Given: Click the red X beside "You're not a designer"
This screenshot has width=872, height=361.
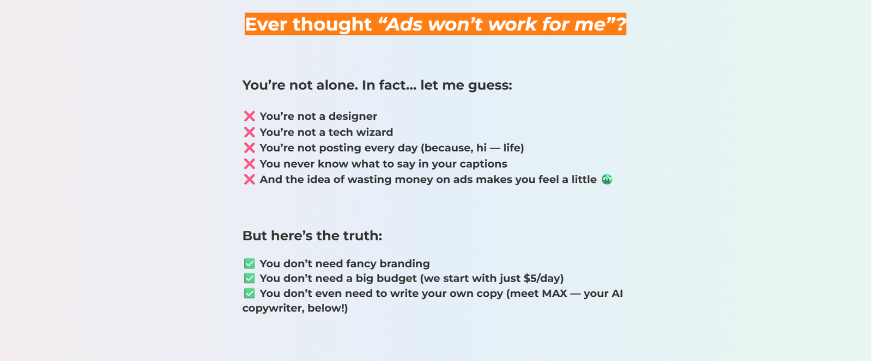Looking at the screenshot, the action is pyautogui.click(x=249, y=117).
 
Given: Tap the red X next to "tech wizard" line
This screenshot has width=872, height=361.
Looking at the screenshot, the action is pyautogui.click(x=249, y=132).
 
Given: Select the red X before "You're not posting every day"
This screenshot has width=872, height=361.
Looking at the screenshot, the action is pyautogui.click(x=249, y=148).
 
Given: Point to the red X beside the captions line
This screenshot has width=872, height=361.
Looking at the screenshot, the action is pyautogui.click(x=249, y=164).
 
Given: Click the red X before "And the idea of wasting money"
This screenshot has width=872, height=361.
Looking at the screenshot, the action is pyautogui.click(x=249, y=179).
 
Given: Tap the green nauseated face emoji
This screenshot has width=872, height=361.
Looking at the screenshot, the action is pyautogui.click(x=607, y=179).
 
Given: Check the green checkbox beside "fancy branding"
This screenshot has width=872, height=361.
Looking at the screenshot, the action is pyautogui.click(x=249, y=264).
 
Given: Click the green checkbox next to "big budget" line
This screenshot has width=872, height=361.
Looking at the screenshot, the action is pyautogui.click(x=249, y=278).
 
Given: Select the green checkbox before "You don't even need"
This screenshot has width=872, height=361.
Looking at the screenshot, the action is pyautogui.click(x=249, y=293).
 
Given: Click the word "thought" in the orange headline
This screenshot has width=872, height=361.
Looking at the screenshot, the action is pyautogui.click(x=332, y=24).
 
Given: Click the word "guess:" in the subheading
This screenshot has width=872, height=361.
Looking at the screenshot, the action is pyautogui.click(x=490, y=85).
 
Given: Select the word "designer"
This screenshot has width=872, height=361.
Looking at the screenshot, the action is pyautogui.click(x=353, y=117).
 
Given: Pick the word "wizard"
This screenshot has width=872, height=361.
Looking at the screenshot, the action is pyautogui.click(x=374, y=132).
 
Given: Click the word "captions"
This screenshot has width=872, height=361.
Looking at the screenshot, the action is pyautogui.click(x=483, y=164).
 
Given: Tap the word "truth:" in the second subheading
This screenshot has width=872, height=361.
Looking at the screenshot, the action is pyautogui.click(x=362, y=236).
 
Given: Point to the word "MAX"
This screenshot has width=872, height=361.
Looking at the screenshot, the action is pyautogui.click(x=554, y=293).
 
